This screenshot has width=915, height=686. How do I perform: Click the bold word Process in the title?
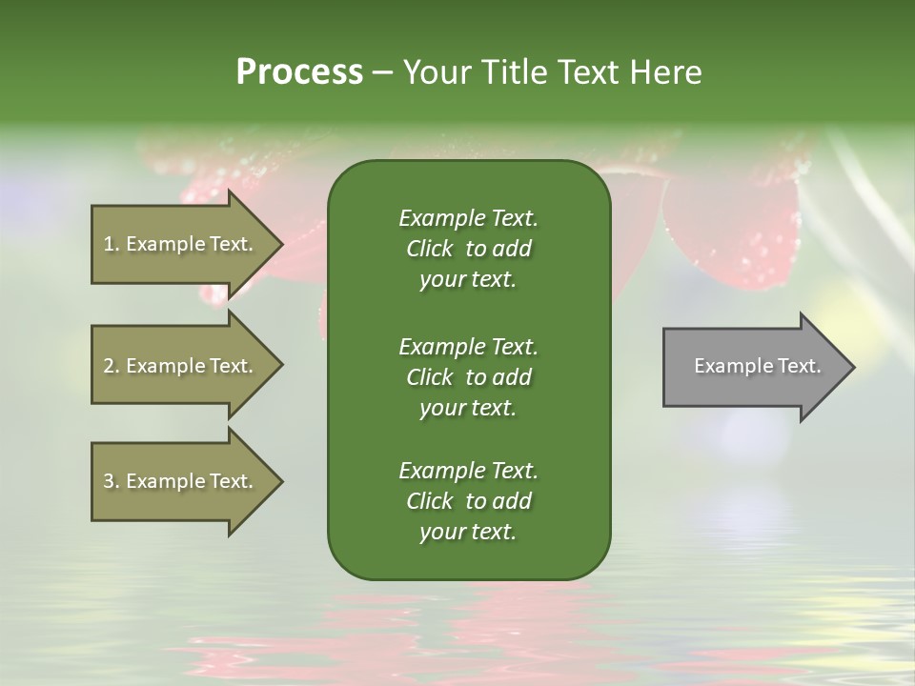point(299,72)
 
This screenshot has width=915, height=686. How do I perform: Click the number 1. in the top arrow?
point(111,244)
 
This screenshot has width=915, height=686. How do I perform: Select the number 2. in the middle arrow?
point(111,366)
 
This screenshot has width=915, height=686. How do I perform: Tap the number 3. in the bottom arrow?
point(111,481)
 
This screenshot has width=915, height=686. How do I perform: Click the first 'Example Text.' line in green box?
point(468,218)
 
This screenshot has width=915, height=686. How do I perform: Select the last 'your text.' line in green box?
point(468,532)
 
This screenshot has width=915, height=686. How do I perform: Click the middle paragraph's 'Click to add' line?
point(468,377)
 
